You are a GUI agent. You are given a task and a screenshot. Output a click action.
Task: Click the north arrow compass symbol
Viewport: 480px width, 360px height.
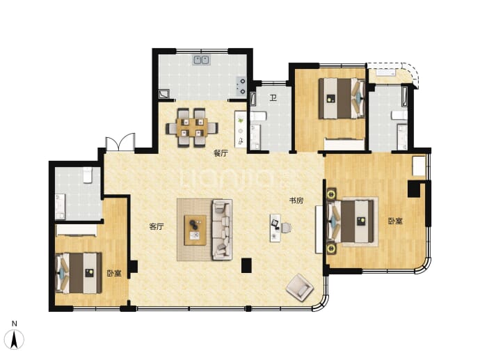tap(15, 338)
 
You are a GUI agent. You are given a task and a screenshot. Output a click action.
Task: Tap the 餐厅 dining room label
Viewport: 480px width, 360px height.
tap(221, 153)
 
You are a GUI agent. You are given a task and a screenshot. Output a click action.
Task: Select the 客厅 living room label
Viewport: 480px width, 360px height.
tap(157, 226)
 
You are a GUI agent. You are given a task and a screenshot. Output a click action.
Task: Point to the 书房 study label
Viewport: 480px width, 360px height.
tap(296, 201)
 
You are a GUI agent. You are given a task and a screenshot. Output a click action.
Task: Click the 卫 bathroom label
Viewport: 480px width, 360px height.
tap(273, 98)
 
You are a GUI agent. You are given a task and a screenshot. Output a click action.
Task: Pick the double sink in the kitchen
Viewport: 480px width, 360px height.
tap(202, 60)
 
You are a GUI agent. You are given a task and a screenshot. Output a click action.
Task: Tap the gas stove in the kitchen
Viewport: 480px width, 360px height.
tap(240, 86)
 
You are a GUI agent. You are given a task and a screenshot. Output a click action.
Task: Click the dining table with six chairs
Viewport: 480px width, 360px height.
tap(192, 127)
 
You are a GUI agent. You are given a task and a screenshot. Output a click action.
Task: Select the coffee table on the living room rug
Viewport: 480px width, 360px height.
tap(195, 230)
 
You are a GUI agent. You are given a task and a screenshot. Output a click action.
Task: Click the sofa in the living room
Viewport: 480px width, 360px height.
tap(222, 230)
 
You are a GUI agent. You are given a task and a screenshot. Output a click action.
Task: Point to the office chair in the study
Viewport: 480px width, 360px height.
tap(286, 228)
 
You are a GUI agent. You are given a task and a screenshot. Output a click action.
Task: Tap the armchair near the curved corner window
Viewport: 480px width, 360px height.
tap(300, 288)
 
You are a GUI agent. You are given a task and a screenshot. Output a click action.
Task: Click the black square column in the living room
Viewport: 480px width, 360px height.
tap(246, 265)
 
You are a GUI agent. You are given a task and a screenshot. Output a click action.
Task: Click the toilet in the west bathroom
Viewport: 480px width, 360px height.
tap(88, 175)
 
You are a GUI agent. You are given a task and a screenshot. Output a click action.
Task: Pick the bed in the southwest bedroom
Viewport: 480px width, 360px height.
tap(79, 273)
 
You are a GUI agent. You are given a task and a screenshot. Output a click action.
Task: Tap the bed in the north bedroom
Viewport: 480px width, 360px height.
tap(342, 98)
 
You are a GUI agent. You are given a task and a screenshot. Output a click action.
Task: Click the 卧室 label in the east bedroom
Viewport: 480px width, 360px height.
tap(395, 221)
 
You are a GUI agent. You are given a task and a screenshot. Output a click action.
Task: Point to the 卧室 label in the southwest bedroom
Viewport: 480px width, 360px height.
tap(114, 273)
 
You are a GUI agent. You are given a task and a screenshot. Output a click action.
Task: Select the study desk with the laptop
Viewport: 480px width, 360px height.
tap(275, 228)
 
